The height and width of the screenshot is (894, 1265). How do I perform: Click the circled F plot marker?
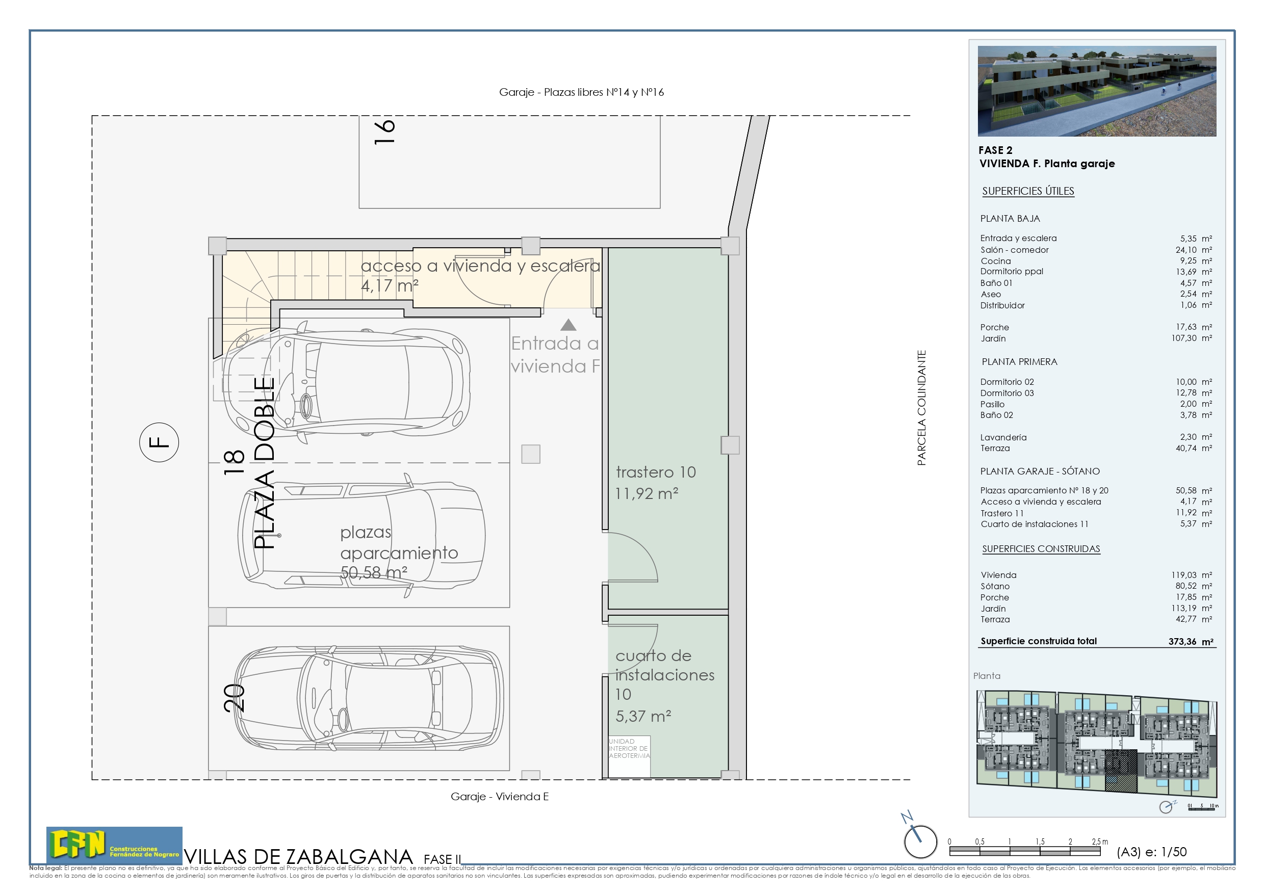159,442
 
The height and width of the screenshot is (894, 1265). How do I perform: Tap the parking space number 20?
234,698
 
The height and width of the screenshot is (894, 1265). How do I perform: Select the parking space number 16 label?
384,132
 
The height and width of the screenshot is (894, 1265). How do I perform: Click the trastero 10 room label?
656,472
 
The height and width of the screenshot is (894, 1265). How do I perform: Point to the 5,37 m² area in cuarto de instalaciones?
643,716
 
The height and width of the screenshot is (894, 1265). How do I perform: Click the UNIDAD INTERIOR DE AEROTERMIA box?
629,749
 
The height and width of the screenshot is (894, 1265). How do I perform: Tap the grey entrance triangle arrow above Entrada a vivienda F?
568,325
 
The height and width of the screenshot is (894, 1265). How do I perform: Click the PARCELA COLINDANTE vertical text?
921,408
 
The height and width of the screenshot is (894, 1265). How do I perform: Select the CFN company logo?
114,845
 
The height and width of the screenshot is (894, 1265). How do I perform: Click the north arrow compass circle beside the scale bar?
920,842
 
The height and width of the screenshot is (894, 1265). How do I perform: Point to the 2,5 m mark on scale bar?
1100,842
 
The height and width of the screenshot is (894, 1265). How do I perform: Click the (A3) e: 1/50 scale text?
1151,852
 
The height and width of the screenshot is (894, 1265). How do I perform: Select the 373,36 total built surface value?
1182,641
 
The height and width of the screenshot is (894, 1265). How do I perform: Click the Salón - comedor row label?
1014,250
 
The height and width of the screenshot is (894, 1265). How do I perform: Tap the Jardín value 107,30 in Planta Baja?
1184,338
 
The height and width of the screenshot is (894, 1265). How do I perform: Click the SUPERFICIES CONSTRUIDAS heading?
1041,548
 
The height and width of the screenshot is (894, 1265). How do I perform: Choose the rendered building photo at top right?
1096,91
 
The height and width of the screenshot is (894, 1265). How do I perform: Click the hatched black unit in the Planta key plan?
1121,771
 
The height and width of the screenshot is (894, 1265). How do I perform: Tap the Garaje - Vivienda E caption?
499,797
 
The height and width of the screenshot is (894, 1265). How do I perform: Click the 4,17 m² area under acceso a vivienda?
390,286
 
